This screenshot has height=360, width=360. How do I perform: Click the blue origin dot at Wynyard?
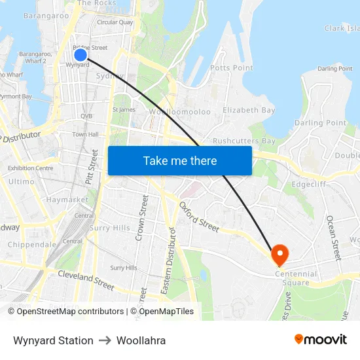[x=80, y=54]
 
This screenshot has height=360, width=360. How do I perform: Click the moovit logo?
[x=320, y=340]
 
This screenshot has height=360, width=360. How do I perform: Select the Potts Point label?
[x=231, y=68]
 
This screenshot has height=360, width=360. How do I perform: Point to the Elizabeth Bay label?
[x=249, y=111]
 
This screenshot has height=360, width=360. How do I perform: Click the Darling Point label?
[x=320, y=122]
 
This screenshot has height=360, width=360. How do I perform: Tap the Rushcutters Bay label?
[x=243, y=141]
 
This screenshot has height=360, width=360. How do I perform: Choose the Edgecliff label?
[x=309, y=185]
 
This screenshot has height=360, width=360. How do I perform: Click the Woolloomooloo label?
[x=180, y=112]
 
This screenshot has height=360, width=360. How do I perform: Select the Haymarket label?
[x=67, y=199]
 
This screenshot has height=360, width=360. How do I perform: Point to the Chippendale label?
[x=32, y=244]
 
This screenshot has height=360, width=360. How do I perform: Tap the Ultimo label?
[x=22, y=181]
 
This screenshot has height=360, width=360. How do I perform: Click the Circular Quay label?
[x=115, y=22]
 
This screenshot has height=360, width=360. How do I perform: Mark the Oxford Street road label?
[x=199, y=217]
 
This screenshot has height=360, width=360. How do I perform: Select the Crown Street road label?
[x=141, y=217]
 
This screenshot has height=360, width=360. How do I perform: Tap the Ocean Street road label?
[x=333, y=238]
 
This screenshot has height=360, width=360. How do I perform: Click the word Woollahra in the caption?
[x=141, y=340]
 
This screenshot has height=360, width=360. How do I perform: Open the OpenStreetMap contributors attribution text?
[x=70, y=312]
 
